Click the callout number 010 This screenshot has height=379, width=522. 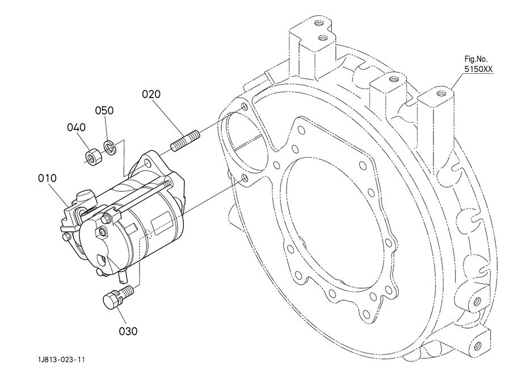(x=47, y=178)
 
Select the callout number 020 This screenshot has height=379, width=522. (x=151, y=94)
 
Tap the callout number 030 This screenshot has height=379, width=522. (x=128, y=331)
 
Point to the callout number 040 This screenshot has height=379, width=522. (x=76, y=128)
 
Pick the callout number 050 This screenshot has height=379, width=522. (x=104, y=111)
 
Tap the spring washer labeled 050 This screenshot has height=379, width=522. (x=109, y=147)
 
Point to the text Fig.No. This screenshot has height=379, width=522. (x=475, y=59)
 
